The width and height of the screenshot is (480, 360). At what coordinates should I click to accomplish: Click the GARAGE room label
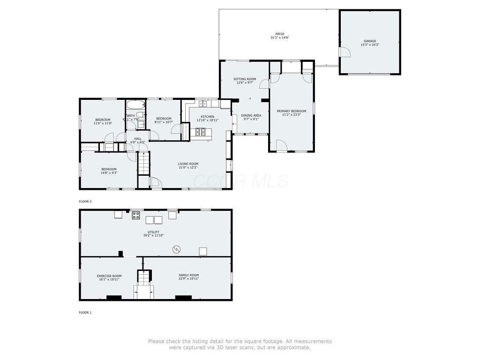370,41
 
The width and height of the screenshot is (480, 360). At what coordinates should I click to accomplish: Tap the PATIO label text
279,34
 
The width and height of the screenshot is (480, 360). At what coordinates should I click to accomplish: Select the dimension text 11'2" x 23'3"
291,115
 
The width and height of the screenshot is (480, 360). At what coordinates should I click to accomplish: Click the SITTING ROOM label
245,79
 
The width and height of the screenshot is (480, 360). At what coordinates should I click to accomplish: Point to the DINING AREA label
251,115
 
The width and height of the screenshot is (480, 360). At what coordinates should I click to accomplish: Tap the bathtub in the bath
136,105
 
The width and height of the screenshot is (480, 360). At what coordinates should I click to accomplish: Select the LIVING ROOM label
188,164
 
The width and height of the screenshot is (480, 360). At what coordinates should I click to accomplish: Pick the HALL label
137,139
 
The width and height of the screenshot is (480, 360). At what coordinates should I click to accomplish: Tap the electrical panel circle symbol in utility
177,248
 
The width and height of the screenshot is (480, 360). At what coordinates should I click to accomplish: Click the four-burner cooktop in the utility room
136,215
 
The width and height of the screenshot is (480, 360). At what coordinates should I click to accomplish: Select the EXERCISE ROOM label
109,276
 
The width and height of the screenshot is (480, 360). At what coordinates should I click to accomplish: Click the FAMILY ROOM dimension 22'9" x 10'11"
188,279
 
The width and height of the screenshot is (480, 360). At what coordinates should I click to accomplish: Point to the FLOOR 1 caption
85,312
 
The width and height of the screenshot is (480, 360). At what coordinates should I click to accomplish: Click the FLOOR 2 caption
85,202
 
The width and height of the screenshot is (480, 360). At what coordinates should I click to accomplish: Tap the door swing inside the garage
345,52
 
